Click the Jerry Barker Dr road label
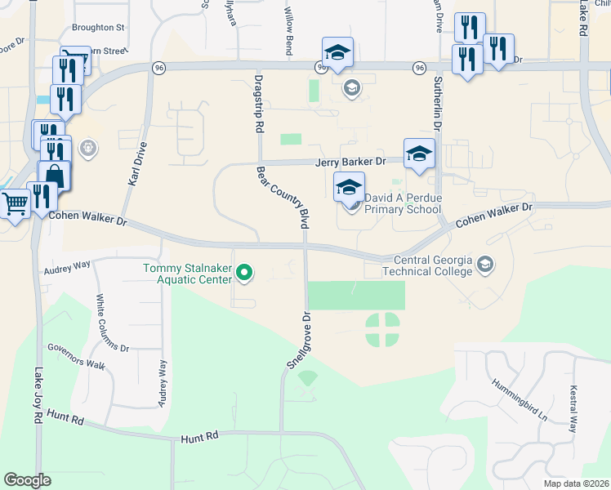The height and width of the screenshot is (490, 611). point(350,162)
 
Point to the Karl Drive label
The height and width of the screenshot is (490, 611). point(137,164)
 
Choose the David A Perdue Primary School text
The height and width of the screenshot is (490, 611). point(403,203)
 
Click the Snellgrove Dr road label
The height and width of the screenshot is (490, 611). point(299,341)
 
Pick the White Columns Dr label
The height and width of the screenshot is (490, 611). point(112,323)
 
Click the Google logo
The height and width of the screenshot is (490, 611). point(27,480)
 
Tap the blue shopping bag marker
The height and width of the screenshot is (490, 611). point(54,176)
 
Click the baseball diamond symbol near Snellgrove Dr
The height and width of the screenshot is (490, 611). point(307,378)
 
